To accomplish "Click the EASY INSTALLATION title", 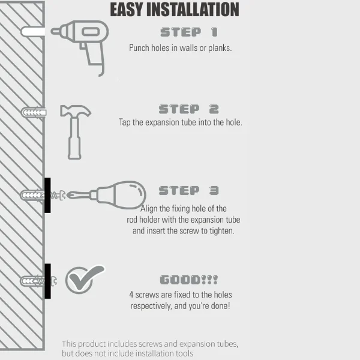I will tap(175, 10).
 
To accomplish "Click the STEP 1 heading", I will tap(189, 32).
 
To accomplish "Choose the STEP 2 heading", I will tap(188, 109).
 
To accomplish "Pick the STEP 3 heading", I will tap(188, 190).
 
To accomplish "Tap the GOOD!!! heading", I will tap(189, 280).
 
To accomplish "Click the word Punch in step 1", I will tap(140, 48).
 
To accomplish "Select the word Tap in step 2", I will tap(125, 122).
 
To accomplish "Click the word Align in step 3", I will tap(151, 208).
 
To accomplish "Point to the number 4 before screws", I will tap(131, 295).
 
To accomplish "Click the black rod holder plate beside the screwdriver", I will tap(47, 195).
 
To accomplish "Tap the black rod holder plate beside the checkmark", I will tap(47, 281).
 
